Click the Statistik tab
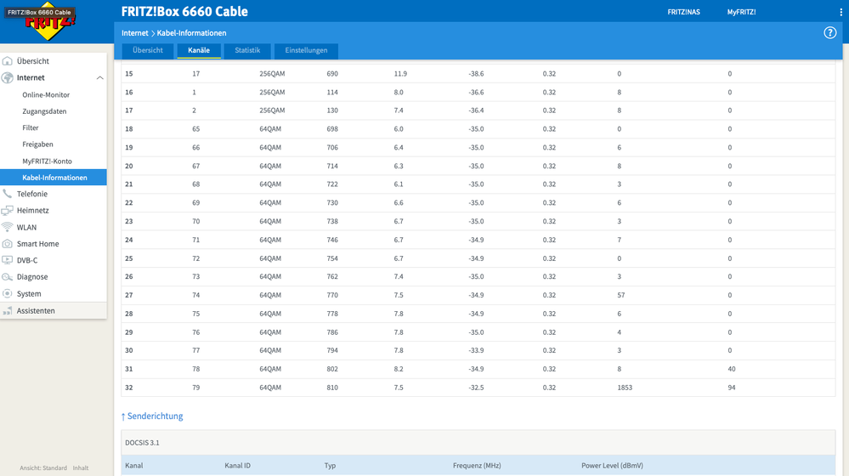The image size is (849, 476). click(247, 50)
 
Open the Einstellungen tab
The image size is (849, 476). click(306, 50)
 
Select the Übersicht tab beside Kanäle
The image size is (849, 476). click(147, 50)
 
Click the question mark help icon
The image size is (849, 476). click(829, 33)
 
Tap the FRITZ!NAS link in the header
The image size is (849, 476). click(683, 12)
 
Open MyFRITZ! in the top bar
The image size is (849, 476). click(741, 12)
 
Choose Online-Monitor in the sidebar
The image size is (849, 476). click(46, 94)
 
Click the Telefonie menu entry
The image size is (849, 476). click(32, 194)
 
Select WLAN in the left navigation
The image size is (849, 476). click(26, 228)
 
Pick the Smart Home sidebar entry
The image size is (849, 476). click(38, 244)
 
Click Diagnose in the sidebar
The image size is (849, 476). click(32, 277)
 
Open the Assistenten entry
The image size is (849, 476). click(36, 311)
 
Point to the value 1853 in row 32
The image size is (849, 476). click(625, 388)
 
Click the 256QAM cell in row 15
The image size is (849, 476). click(272, 74)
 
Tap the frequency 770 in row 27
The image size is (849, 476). click(332, 295)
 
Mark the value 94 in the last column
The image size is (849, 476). click(732, 388)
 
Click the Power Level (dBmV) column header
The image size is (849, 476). click(613, 466)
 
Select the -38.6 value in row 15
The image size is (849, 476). click(476, 74)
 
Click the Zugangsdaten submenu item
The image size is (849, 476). click(44, 111)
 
